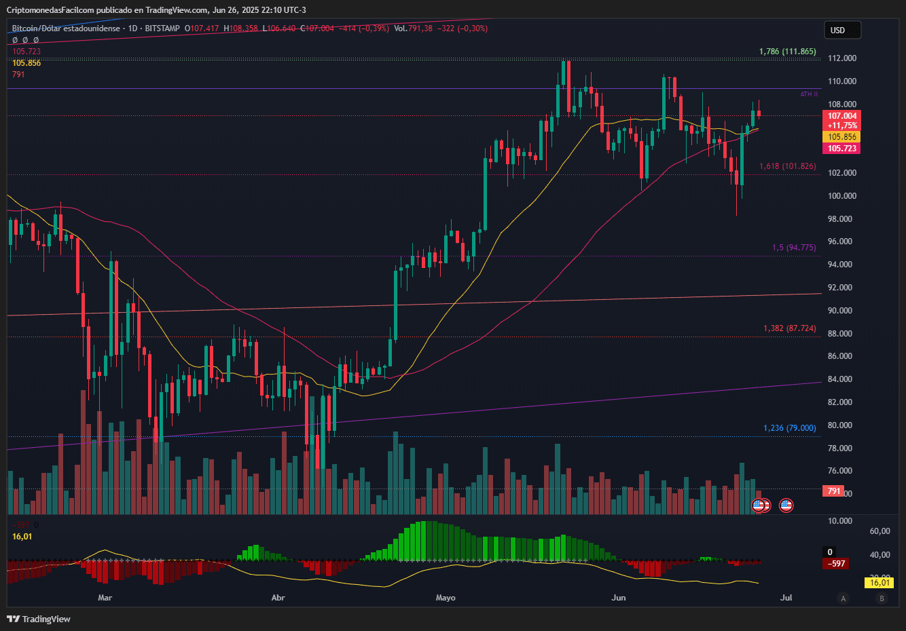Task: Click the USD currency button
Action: tap(841, 30)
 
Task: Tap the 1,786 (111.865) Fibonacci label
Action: tap(787, 52)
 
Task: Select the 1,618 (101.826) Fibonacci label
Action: tap(787, 166)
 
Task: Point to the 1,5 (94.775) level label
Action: tap(794, 248)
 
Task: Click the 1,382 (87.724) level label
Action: tap(789, 328)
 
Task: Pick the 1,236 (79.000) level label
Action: tap(789, 428)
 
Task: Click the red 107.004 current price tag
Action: tap(841, 116)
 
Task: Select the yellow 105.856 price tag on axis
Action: tap(841, 137)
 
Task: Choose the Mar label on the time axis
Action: tap(105, 598)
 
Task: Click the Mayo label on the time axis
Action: tap(446, 598)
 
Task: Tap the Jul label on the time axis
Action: tap(786, 598)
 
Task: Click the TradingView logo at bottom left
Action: tap(39, 619)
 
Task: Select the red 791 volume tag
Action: tap(834, 491)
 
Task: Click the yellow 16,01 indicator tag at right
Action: tap(880, 583)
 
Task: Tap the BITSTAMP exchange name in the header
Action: tap(162, 28)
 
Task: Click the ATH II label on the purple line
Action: tap(808, 94)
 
